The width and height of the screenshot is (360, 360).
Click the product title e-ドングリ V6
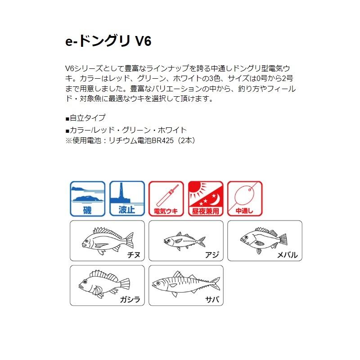[108, 41]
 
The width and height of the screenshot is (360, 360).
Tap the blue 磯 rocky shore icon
[87, 198]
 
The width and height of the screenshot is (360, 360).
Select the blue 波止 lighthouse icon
[127, 198]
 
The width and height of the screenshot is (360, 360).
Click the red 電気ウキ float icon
[166, 198]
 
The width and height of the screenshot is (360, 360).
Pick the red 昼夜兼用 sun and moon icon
[206, 198]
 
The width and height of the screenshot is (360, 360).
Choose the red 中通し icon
[245, 198]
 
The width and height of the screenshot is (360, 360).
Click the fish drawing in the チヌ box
[107, 239]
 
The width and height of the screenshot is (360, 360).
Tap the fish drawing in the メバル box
[263, 238]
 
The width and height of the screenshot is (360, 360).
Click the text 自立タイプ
[87, 118]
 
